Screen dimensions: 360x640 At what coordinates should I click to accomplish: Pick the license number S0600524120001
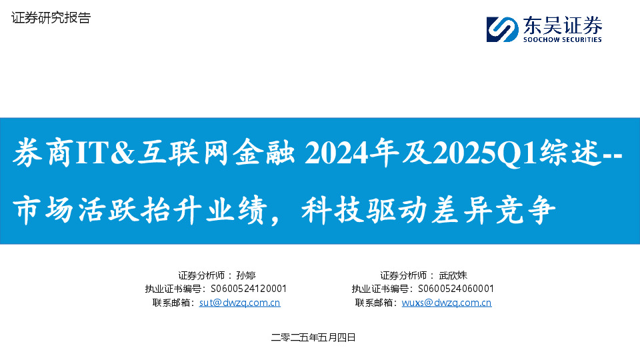tap(249, 289)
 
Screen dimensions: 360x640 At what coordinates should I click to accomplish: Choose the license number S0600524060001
tap(455, 289)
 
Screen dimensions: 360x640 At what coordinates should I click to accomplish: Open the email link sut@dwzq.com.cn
tap(240, 303)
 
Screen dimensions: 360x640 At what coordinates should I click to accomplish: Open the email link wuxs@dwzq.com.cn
tap(447, 303)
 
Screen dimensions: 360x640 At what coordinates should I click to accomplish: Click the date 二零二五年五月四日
tap(313, 338)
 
